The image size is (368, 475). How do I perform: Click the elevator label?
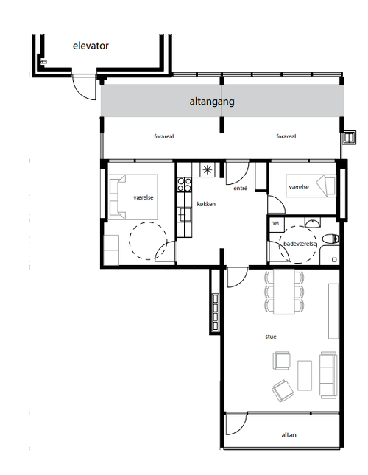(91, 46)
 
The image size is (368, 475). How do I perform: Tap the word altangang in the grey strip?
(212, 101)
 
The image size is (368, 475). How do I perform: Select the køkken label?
(206, 204)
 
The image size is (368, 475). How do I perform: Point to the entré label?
(240, 188)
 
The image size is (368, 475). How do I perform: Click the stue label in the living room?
(271, 337)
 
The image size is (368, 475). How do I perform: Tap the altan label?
(289, 435)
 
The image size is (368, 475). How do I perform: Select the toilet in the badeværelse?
(330, 239)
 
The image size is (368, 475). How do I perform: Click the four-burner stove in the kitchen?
(185, 185)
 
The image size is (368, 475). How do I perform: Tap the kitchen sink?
(184, 214)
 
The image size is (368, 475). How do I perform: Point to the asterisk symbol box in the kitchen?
(208, 170)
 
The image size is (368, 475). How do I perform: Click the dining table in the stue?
(284, 292)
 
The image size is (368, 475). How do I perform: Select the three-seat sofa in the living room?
(328, 375)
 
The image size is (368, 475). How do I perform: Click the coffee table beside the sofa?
(305, 376)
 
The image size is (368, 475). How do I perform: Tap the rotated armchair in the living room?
(283, 390)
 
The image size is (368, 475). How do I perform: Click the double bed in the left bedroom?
(133, 197)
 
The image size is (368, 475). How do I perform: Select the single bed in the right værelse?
(311, 186)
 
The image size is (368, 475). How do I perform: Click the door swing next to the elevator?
(84, 88)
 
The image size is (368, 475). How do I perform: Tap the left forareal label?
(164, 137)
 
